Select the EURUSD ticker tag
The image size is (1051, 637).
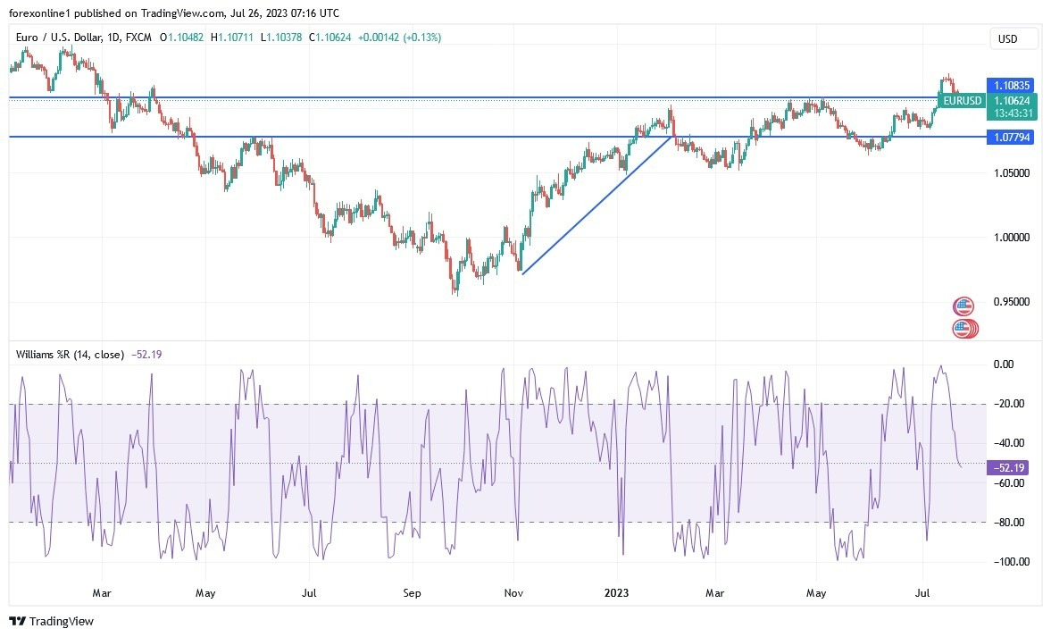(x=963, y=101)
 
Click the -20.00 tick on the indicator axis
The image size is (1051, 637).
(x=1010, y=404)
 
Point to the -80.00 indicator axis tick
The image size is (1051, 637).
(x=1010, y=522)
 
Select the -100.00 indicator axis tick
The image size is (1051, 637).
(x=1010, y=561)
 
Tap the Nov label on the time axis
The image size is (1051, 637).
(x=514, y=591)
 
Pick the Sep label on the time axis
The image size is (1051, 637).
(x=411, y=591)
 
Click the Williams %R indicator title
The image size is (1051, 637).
(x=70, y=355)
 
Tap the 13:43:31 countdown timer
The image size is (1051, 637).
(x=1013, y=113)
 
